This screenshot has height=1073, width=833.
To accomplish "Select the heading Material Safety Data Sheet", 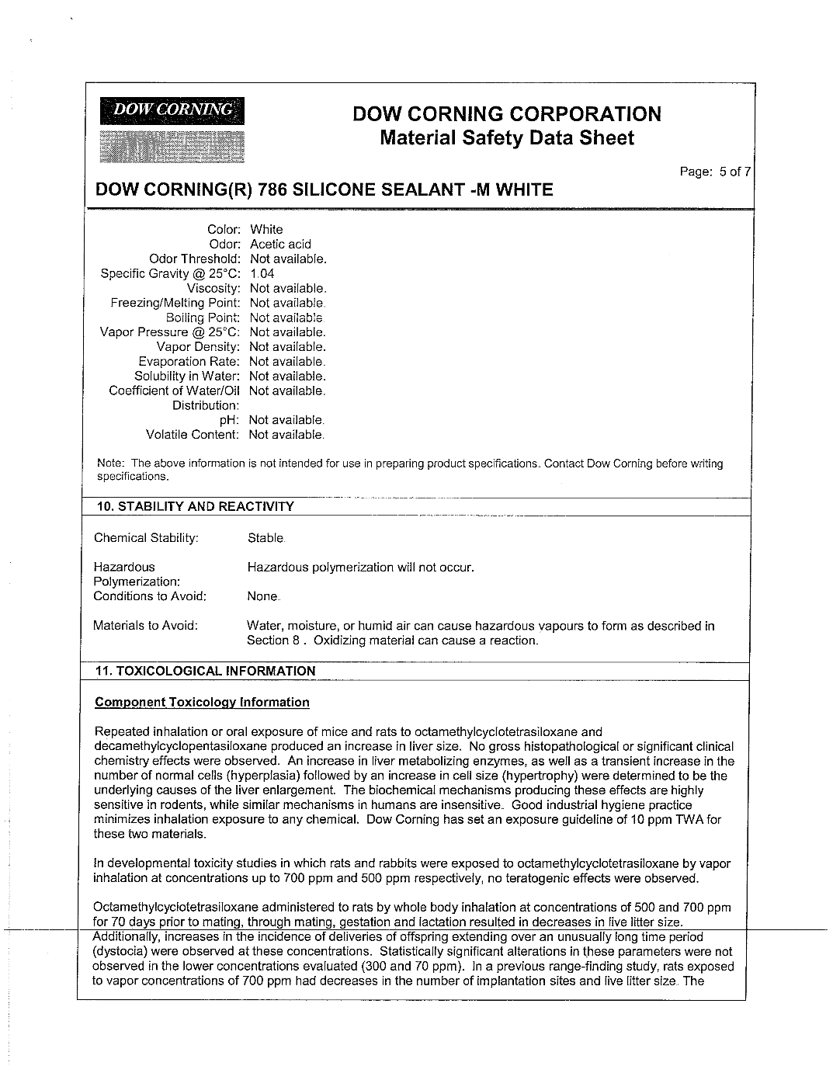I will point(507,139).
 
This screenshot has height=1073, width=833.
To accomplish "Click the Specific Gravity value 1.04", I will point(262,273).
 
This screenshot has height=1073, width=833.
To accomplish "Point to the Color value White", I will point(266,229).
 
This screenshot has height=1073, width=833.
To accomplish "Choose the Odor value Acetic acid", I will point(280,244).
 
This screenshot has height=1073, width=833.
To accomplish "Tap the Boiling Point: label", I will point(203,318).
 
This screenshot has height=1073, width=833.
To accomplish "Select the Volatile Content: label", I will point(193,435).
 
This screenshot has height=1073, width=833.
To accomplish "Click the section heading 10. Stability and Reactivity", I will point(194,507).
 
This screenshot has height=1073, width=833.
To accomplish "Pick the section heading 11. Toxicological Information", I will point(205,671).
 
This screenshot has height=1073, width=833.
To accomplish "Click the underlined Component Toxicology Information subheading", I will point(202,703).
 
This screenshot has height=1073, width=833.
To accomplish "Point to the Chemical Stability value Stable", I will point(266,537).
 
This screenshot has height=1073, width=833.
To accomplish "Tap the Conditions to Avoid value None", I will point(262,596).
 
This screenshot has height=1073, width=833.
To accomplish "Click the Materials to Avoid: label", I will point(145,626).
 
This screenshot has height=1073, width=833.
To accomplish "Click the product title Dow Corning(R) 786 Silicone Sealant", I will point(324,190).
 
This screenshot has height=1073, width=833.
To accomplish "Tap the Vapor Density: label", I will point(198,347).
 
